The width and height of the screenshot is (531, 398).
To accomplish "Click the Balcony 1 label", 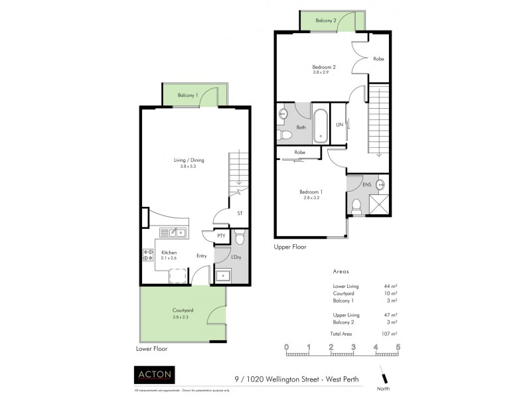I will point(188,96).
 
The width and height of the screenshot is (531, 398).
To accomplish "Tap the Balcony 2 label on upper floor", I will point(326,21).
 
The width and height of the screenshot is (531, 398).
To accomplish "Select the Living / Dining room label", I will point(188,162).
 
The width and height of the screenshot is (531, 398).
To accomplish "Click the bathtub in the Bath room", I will point(321,125).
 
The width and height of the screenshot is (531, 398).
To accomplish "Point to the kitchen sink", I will point(176,232).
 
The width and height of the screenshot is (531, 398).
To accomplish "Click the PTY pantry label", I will point(221,235).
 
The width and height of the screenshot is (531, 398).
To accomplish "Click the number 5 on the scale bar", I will point(398,346).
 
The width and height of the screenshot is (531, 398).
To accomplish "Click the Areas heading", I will point(340,272).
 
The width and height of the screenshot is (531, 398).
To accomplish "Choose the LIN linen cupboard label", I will point(339,125).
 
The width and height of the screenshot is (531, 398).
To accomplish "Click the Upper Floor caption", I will point(290,246).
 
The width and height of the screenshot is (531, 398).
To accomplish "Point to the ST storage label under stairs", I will point(239,214).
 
